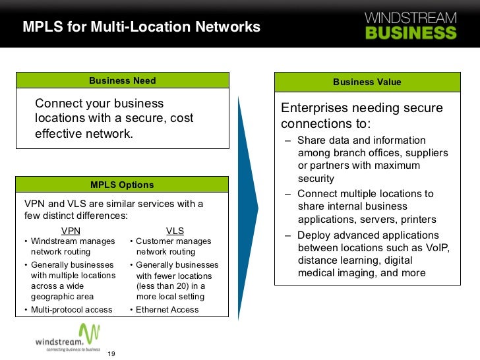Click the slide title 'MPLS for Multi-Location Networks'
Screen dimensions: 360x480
142,28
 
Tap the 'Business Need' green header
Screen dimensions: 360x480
123,81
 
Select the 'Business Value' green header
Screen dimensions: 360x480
367,82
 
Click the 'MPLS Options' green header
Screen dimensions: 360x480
123,185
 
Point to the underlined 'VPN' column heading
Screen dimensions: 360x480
71,231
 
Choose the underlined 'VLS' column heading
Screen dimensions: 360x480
175,231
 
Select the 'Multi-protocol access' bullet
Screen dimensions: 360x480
71,310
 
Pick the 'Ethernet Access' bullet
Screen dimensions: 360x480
167,310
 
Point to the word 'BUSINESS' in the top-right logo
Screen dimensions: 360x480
410,32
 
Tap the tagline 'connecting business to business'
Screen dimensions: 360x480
73,349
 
